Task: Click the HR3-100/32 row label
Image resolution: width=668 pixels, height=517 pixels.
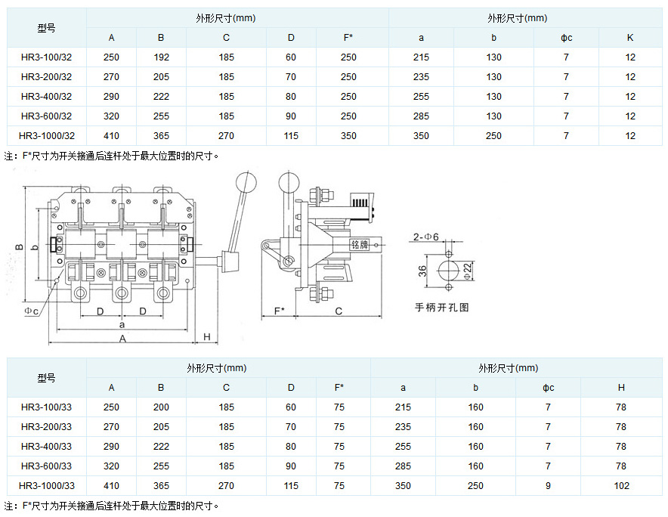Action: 47,57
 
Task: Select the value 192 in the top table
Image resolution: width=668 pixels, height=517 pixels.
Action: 161,57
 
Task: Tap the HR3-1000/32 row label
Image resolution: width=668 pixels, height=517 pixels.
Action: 47,136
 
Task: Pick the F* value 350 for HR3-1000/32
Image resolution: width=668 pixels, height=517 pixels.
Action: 348,136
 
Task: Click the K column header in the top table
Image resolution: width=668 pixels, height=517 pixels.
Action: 630,38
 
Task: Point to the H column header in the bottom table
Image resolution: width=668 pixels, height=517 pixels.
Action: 621,388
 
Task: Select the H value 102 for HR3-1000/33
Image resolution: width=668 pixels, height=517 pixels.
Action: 621,486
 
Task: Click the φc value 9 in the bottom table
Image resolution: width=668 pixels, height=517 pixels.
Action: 549,486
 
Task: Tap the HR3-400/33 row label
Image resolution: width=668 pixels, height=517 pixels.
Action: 47,447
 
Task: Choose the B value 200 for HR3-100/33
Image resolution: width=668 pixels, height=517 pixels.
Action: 161,407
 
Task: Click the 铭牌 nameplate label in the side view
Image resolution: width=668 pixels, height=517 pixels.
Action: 359,244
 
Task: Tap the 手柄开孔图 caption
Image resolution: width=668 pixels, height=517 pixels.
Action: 442,308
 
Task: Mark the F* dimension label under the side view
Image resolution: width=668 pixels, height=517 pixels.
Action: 279,311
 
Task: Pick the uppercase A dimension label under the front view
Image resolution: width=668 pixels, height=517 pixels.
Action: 123,339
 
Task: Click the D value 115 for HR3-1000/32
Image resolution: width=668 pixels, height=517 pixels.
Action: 291,136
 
